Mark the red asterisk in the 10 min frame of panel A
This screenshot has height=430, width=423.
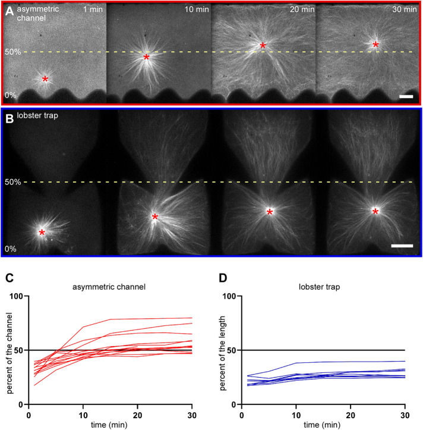[x=146, y=58]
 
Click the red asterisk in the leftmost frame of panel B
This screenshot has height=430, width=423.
[x=42, y=233]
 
